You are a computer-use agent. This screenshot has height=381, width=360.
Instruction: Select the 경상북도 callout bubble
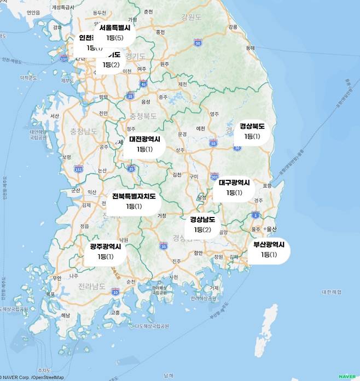[x=252, y=131]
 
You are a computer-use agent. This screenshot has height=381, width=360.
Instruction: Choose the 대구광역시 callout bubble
[x=234, y=187]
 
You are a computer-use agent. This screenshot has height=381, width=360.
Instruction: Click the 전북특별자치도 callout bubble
[x=134, y=201]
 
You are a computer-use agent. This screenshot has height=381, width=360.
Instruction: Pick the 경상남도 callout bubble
[x=202, y=225]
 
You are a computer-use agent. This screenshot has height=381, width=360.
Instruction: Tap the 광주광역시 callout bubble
[x=106, y=251]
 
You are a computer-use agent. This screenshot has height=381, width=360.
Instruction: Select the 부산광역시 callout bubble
[x=269, y=250]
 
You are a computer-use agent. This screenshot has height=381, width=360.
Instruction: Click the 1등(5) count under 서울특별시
[x=115, y=38]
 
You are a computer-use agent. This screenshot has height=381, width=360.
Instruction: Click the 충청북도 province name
[x=143, y=116]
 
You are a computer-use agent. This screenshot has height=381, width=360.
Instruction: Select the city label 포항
[x=267, y=186]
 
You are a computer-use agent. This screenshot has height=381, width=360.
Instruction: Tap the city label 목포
[x=50, y=294]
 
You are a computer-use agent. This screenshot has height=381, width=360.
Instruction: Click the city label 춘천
[x=148, y=11]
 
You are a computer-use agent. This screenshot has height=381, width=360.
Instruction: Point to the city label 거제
[x=214, y=288]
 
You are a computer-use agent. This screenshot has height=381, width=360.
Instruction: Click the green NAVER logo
[x=347, y=376]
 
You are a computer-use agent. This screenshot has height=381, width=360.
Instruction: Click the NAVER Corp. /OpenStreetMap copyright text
[x=33, y=377]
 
